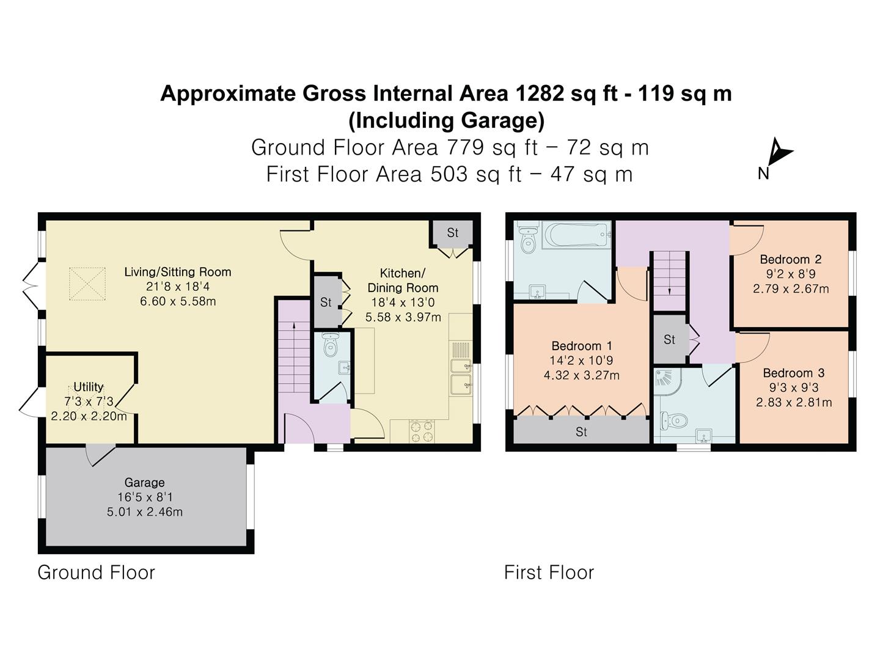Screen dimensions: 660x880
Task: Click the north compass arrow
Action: coord(778,152)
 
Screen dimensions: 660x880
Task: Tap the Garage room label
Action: coord(144,482)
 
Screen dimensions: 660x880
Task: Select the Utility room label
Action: coord(89,387)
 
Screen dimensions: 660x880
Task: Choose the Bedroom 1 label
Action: coord(581,346)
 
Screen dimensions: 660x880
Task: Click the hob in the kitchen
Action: coord(420,431)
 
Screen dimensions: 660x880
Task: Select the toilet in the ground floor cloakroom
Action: coord(331,346)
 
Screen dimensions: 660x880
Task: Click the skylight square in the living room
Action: coord(87,284)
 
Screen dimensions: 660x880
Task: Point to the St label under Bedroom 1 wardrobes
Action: coord(581,432)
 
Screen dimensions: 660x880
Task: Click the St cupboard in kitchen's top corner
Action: coord(452,233)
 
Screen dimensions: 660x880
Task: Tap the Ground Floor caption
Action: coord(97,573)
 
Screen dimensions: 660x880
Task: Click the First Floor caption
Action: coord(549,573)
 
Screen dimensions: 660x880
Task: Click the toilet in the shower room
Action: coord(675,420)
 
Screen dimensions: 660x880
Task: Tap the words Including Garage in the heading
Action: coord(446,120)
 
